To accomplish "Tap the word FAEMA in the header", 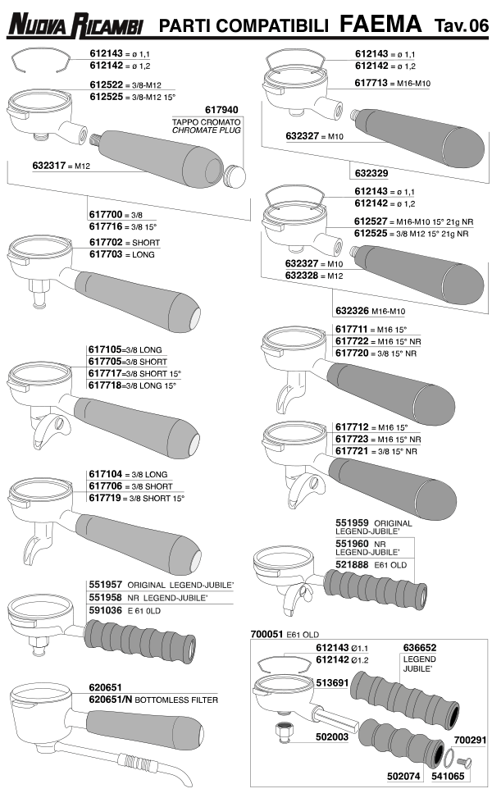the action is tap(380, 24).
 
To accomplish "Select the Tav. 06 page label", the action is tap(461, 25).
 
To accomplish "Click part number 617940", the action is tap(221, 110).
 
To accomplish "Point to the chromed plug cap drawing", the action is tap(235, 175).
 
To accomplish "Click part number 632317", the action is tap(49, 165).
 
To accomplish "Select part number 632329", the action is tap(371, 173).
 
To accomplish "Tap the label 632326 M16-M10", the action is tap(370, 311).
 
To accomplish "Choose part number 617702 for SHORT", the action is tap(106, 242).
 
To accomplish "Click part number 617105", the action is tap(105, 349).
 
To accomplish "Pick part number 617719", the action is tap(106, 498).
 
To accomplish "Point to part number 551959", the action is tap(352, 523).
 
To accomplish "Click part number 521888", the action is tap(352, 564).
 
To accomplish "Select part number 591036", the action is tap(106, 610).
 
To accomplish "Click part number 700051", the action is tap(266, 634).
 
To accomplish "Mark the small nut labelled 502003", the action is tap(283, 732).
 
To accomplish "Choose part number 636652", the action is tap(420, 647).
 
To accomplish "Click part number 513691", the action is tap(332, 682).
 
